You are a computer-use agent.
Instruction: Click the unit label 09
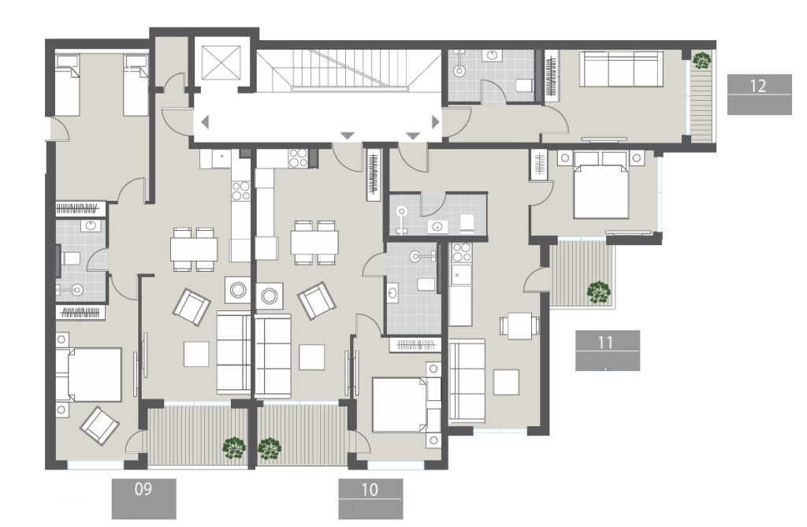pyautogui.click(x=143, y=489)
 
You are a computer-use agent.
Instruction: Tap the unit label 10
pyautogui.click(x=370, y=489)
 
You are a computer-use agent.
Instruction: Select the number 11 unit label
pyautogui.click(x=606, y=341)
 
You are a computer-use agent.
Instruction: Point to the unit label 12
pyautogui.click(x=758, y=86)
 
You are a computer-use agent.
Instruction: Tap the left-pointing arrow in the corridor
pyautogui.click(x=205, y=122)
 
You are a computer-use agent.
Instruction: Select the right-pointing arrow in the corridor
pyautogui.click(x=434, y=122)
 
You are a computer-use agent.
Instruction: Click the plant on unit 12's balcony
pyautogui.click(x=701, y=61)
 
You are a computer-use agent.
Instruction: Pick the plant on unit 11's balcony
pyautogui.click(x=598, y=292)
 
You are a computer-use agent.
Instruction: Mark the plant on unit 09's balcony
pyautogui.click(x=233, y=448)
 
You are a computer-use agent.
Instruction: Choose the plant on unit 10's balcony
pyautogui.click(x=270, y=448)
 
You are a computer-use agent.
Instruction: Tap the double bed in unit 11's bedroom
pyautogui.click(x=601, y=190)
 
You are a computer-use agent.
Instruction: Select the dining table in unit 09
pyautogui.click(x=194, y=248)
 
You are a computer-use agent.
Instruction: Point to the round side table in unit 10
pyautogui.click(x=270, y=297)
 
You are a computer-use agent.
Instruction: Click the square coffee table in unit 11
pyautogui.click(x=505, y=382)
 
